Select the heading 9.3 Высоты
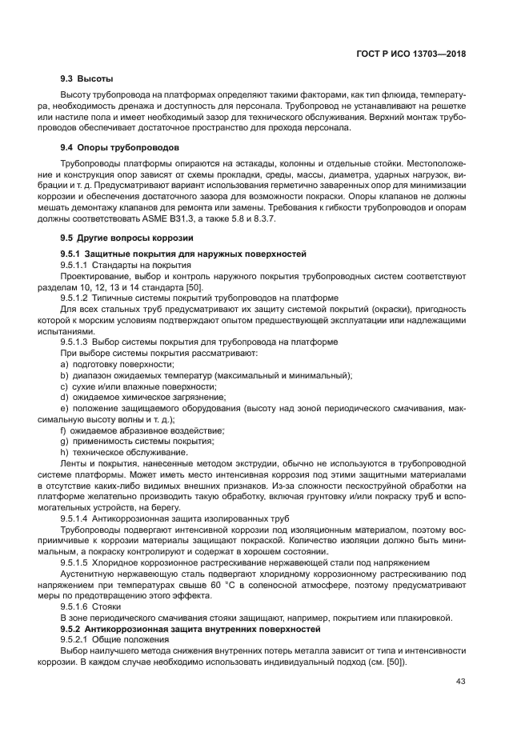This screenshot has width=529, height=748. pyautogui.click(x=86, y=79)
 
